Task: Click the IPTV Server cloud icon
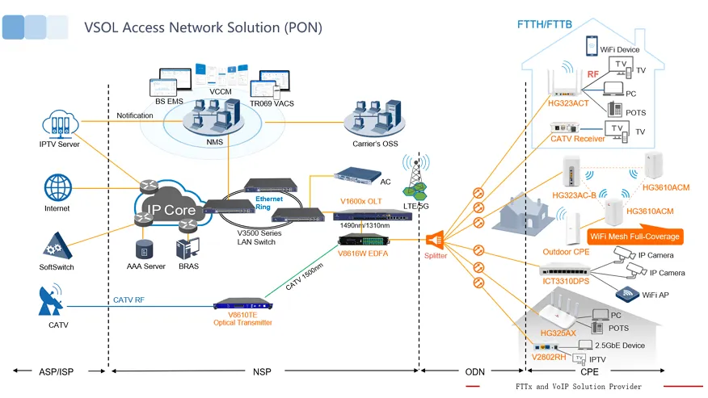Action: pos(60,124)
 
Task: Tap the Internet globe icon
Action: pos(58,187)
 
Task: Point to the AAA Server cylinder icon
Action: pos(144,249)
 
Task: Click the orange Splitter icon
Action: pos(435,240)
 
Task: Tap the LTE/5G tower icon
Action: pos(416,178)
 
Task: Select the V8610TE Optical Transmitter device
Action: pos(243,304)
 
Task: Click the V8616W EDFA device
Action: pos(364,241)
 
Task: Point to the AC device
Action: pos(357,175)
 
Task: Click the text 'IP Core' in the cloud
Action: pos(171,210)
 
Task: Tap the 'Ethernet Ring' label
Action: pos(269,203)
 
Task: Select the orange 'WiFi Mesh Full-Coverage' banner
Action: pos(634,237)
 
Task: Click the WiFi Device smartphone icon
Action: pos(592,46)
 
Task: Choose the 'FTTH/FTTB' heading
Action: pos(545,24)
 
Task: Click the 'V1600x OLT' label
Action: pos(360,201)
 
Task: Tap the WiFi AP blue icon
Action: pos(627,294)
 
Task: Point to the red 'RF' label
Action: pos(593,74)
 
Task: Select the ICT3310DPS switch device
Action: pos(565,270)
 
